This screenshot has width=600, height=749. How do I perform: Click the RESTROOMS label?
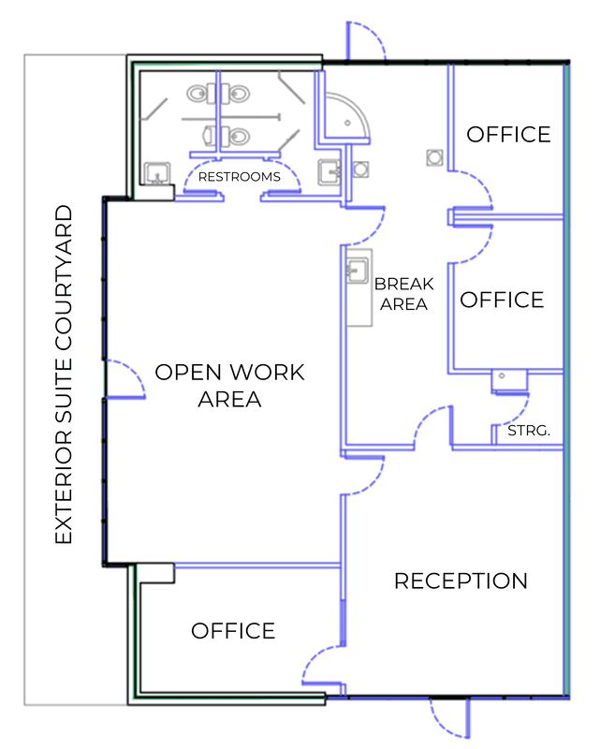coord(240,177)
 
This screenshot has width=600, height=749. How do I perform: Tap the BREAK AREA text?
coord(404,294)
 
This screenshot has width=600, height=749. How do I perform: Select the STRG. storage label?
coord(529,431)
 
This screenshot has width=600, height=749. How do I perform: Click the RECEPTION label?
coord(461,580)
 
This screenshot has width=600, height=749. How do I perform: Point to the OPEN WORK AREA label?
coord(229,386)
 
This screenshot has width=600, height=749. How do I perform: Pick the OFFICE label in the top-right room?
coord(509,135)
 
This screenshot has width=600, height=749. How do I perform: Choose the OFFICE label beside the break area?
coord(502,300)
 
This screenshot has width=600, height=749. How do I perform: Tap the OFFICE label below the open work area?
coord(233,631)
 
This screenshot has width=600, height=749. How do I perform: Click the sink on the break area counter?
coord(358,271)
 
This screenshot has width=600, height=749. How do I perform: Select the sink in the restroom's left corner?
coord(157,173)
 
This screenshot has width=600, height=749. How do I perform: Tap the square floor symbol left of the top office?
coord(434,157)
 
